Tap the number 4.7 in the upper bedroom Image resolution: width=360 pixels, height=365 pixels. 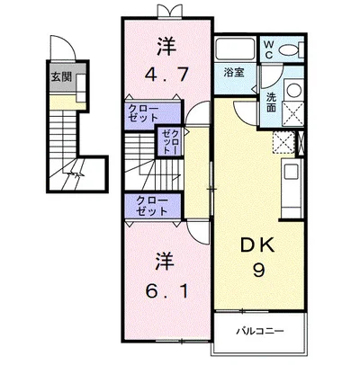(x=163, y=76)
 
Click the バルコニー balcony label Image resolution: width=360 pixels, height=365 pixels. (x=261, y=331)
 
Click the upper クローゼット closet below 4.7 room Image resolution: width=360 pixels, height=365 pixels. (x=139, y=113)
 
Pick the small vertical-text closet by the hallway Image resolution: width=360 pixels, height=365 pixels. (x=169, y=141)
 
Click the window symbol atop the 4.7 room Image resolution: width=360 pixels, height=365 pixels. (x=168, y=10)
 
